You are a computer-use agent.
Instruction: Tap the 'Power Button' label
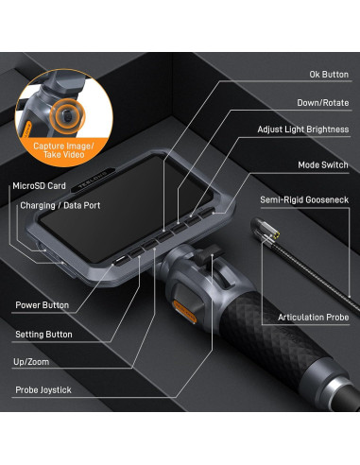(43, 305)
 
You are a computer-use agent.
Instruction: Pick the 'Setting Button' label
(44, 334)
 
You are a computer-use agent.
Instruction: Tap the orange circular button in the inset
(67, 116)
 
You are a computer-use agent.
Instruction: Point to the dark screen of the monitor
(132, 213)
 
